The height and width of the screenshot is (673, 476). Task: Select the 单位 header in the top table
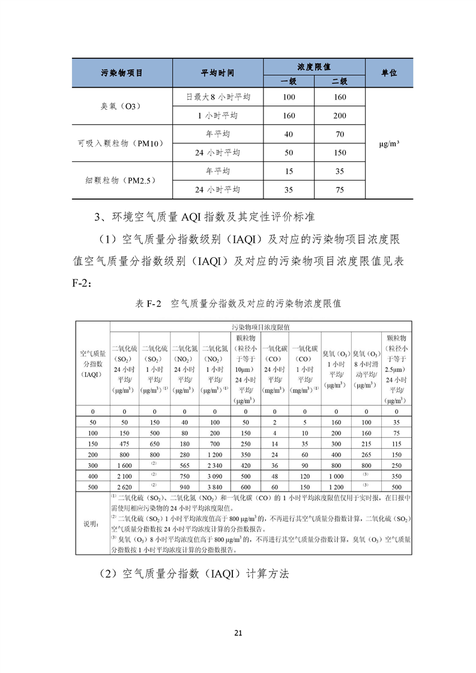coord(389,73)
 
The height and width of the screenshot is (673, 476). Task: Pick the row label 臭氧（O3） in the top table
coord(121,106)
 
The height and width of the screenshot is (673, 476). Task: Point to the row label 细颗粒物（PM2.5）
coord(121,180)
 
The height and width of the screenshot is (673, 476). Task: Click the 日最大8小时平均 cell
coord(217,97)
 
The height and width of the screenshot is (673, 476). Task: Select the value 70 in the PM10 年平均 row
coord(340,134)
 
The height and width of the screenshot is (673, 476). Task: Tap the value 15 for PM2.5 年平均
coord(289,171)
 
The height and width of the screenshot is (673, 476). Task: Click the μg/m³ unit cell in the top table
coord(389,143)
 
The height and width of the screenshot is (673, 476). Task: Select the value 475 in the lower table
coord(124,443)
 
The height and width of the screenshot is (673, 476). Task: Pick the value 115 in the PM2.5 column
coord(396,443)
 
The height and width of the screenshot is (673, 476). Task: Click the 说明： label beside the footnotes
coord(92,524)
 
